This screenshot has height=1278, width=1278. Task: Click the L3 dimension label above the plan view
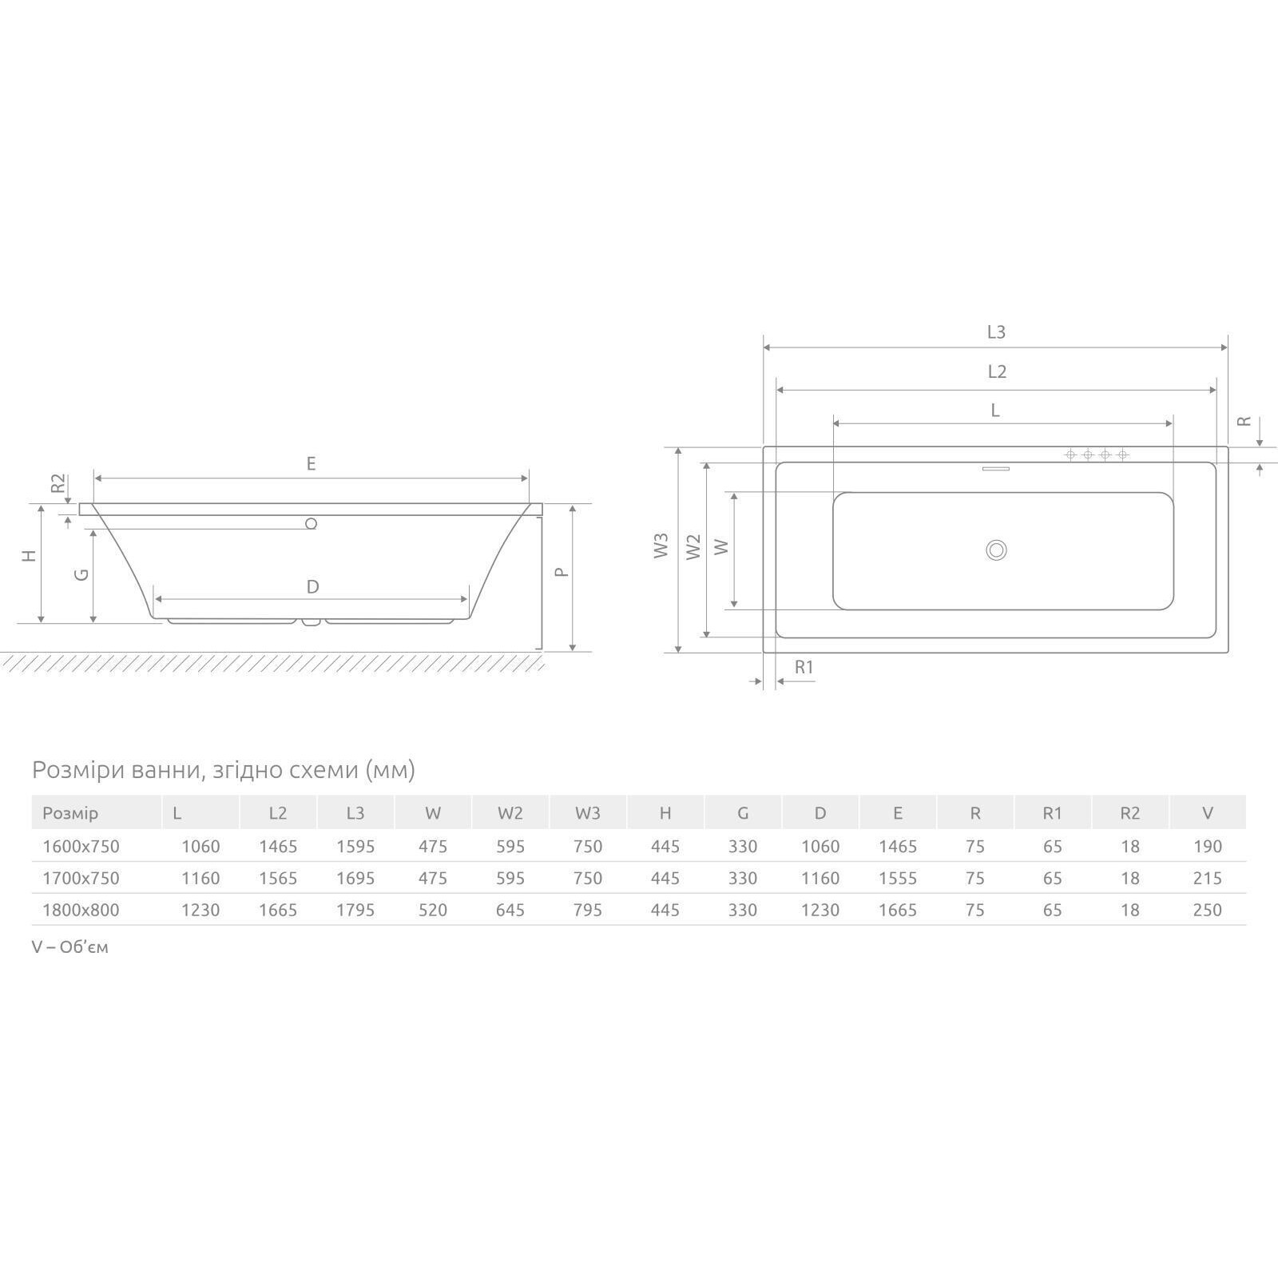coord(995,332)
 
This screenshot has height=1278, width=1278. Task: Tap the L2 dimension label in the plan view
coord(996,371)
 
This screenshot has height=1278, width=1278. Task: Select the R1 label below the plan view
coord(804,667)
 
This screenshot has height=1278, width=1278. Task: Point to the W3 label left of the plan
coord(661,546)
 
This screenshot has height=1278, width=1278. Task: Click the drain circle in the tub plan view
coord(996,550)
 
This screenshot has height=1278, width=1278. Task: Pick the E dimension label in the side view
coord(311,463)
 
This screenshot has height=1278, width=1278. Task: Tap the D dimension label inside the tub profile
coord(312,587)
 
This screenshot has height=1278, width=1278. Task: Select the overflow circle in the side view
coord(312,523)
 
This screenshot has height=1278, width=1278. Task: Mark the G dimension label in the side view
coord(81,574)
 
